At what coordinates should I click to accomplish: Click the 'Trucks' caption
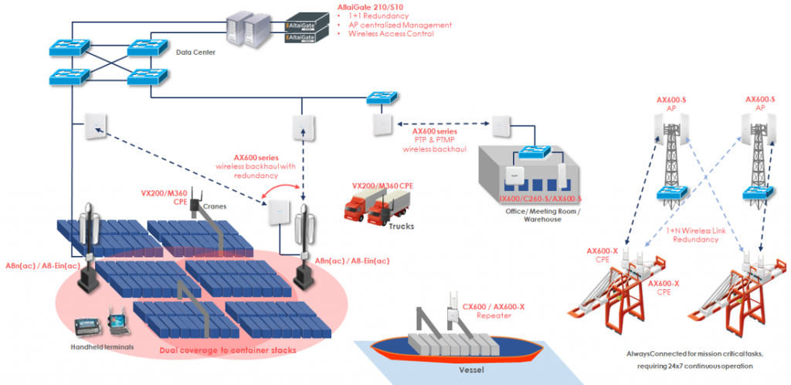399,227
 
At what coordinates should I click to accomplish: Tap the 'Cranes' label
213,206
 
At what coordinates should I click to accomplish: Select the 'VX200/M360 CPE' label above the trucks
380,186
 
